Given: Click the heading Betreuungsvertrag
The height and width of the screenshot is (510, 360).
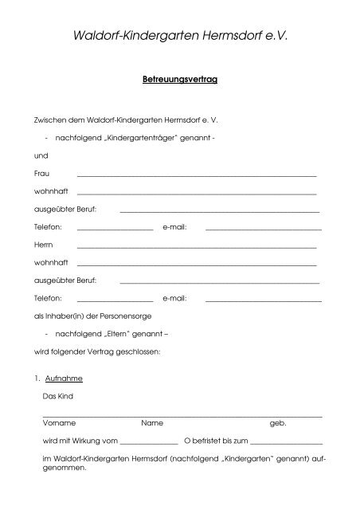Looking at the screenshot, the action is tap(179, 80).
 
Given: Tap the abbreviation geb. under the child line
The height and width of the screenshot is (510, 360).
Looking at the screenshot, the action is tap(278, 422).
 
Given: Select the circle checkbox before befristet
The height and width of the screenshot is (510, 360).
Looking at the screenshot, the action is tap(187, 440).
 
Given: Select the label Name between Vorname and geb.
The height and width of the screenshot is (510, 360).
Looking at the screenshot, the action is tap(152, 422).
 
